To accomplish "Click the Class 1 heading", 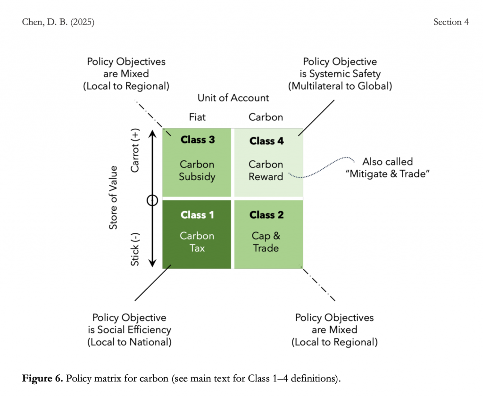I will click(x=197, y=215).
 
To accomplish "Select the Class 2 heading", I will click(x=266, y=215).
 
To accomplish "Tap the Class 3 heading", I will click(x=197, y=140).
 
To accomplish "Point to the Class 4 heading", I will click(x=266, y=141).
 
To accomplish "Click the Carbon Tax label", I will click(x=197, y=242).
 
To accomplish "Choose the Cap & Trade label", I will click(x=266, y=242).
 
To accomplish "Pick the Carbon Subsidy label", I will click(x=197, y=171).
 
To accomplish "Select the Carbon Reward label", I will click(x=266, y=171).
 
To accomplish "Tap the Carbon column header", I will click(x=266, y=117).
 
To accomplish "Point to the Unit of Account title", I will click(x=233, y=98).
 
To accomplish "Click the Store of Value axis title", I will click(x=113, y=198).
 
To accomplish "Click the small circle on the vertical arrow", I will click(x=152, y=200).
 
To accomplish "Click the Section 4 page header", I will click(x=451, y=22).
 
